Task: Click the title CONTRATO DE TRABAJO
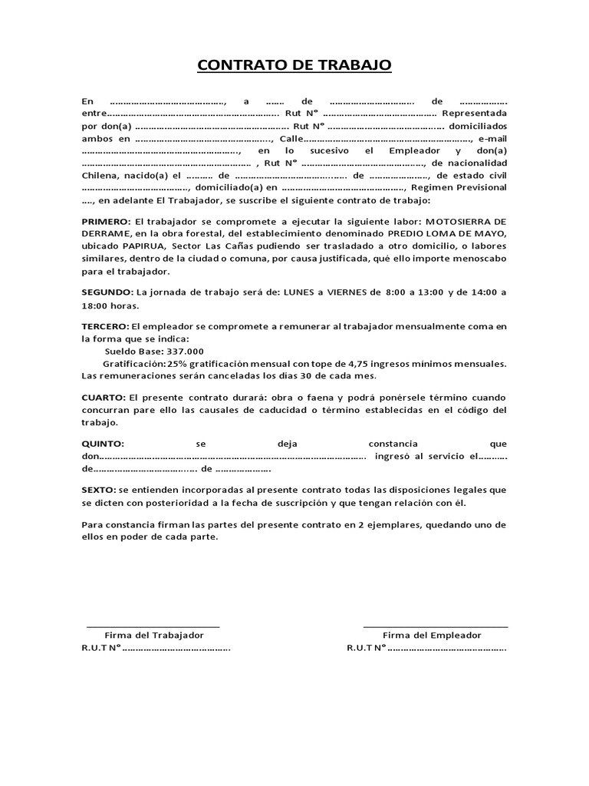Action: [294, 64]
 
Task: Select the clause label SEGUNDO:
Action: [107, 292]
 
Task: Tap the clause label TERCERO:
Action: [105, 327]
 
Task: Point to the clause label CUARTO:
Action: [104, 398]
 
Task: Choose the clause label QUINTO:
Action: [102, 444]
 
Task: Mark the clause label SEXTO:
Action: [99, 490]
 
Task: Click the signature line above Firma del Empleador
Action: [435, 627]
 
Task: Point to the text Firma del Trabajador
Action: [154, 636]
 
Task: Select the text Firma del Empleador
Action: [432, 636]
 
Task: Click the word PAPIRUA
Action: [143, 245]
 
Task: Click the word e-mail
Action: [492, 138]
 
